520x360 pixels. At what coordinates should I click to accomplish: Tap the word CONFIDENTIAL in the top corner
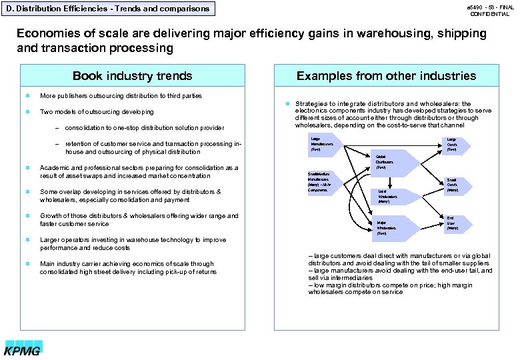pos(490,14)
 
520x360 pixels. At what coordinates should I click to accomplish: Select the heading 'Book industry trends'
pos(132,75)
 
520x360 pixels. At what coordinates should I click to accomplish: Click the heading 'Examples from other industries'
pos(386,75)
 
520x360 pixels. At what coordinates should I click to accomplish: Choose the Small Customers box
pos(452,184)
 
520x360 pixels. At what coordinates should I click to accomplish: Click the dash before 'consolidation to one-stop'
pos(57,128)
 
